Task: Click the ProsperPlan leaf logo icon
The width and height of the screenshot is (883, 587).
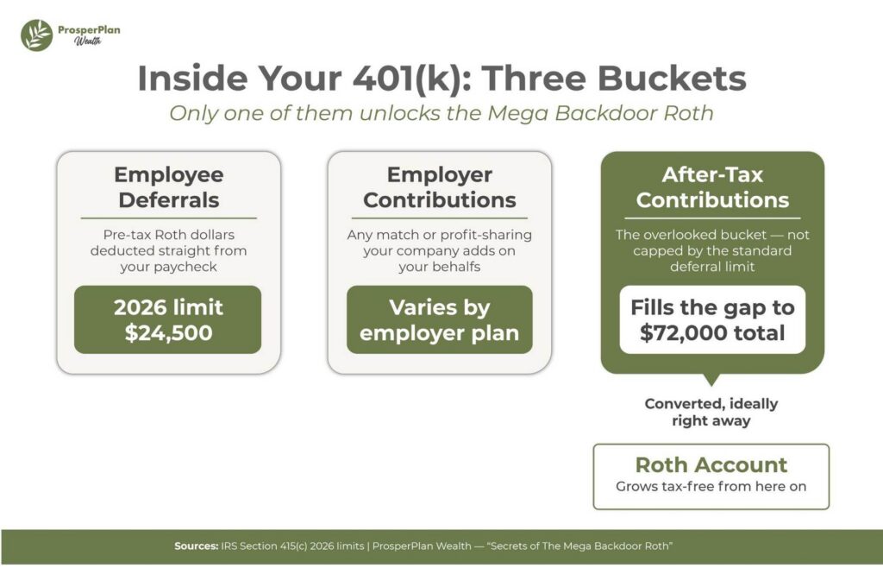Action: [x=36, y=35]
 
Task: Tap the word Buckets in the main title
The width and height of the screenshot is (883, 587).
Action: [x=672, y=78]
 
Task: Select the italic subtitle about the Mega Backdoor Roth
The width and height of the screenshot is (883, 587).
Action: [x=441, y=113]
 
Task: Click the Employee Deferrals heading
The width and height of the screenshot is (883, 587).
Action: [x=168, y=187]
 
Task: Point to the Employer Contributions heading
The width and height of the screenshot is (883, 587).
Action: [x=439, y=187]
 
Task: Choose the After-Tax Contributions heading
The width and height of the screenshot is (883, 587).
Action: [x=712, y=187]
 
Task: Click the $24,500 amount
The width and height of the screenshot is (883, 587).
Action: [x=168, y=332]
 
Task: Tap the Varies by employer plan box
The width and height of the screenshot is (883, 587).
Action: [x=439, y=319]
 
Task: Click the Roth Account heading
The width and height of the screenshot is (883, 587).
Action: [x=711, y=464]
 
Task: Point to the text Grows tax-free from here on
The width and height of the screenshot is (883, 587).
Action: [x=711, y=486]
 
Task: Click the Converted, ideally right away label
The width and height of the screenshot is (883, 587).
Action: [x=711, y=413]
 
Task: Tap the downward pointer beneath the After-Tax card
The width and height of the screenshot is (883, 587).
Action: [x=711, y=380]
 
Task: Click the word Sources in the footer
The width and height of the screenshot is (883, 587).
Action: [x=196, y=546]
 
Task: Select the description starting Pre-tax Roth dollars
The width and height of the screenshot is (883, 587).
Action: [x=168, y=250]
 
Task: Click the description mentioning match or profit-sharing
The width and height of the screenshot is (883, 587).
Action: [x=439, y=250]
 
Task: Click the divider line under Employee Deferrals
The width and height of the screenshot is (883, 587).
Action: [x=168, y=218]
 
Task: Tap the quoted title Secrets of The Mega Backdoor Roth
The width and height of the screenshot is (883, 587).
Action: [x=579, y=546]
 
